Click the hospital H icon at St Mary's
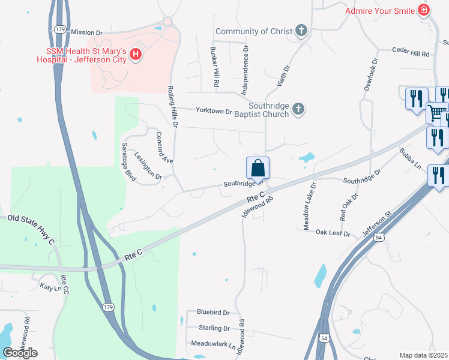coord(136,55)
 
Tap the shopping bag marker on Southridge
coord(258,169)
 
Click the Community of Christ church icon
coord(301,31)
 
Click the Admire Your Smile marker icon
coord(424,10)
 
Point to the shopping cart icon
coord(436,112)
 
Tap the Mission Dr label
coord(87,32)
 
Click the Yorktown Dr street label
coord(214,111)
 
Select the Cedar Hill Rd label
coord(411,53)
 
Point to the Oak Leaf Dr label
coord(333,232)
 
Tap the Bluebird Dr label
coord(213,313)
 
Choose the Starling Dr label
coord(214,328)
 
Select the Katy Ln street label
coord(50,288)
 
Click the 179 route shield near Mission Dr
coord(59,29)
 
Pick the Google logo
coord(20,352)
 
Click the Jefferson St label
coord(376,222)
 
